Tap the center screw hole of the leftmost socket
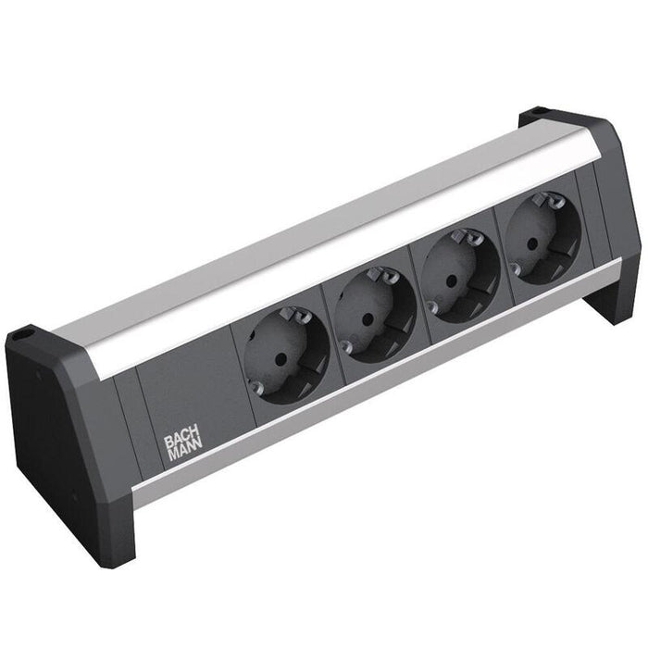click(x=283, y=354)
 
